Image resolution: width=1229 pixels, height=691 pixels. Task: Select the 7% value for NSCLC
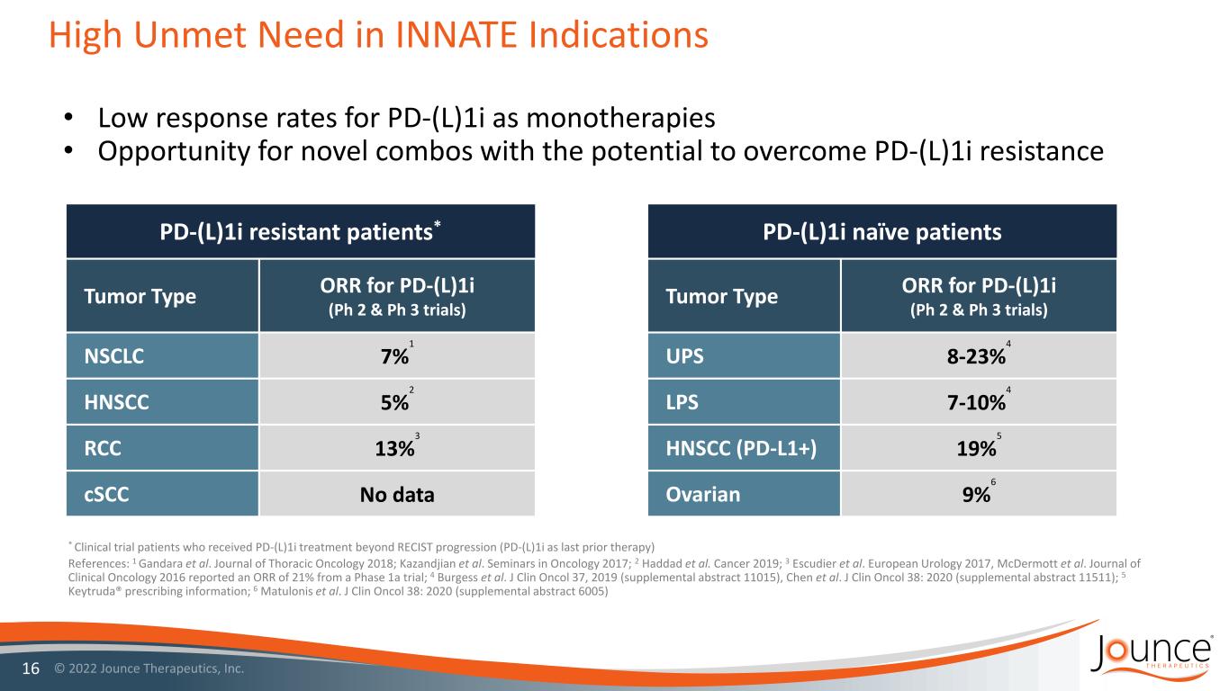click(393, 356)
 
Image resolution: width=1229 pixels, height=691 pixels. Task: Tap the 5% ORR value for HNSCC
click(393, 401)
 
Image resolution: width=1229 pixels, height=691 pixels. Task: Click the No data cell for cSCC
click(396, 494)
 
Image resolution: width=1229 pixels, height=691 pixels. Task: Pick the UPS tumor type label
click(685, 355)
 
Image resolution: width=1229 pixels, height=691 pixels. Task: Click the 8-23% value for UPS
click(969, 356)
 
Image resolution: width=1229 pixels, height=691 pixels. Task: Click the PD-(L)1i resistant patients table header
click(301, 232)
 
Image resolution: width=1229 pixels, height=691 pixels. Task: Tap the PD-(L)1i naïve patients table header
click(881, 232)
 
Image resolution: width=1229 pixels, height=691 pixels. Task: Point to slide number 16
click(29, 670)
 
